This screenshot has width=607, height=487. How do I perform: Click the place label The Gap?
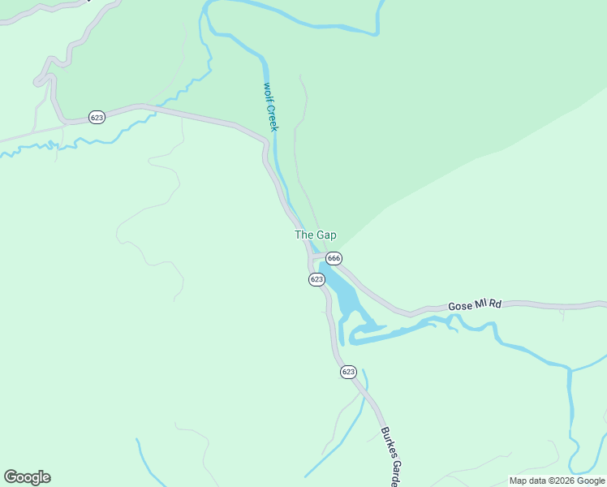(x=315, y=235)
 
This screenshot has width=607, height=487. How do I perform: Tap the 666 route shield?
(x=334, y=258)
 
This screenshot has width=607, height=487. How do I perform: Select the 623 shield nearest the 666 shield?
(x=316, y=279)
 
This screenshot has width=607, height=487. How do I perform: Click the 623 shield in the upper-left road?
(x=97, y=118)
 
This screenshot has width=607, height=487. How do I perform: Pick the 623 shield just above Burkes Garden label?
(x=348, y=372)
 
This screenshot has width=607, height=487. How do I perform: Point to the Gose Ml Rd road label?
(x=475, y=305)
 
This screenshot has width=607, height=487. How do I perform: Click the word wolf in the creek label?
(x=267, y=92)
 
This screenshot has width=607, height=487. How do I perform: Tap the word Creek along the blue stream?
(x=273, y=117)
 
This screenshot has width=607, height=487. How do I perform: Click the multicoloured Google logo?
(x=27, y=477)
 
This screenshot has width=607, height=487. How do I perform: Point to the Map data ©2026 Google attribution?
(x=557, y=481)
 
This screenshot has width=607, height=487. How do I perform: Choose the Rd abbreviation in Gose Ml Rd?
(x=495, y=304)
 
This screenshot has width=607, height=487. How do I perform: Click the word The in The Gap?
(x=303, y=235)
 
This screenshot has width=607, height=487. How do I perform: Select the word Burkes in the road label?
(x=384, y=438)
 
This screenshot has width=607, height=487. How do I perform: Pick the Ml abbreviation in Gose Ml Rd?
(x=480, y=304)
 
